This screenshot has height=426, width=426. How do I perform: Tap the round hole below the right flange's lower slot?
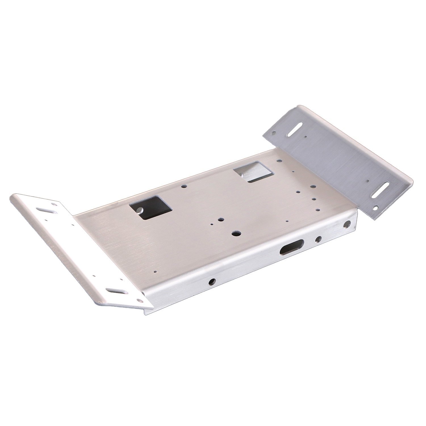point(377,207)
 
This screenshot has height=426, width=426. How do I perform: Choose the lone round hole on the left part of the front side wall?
point(212,281)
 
